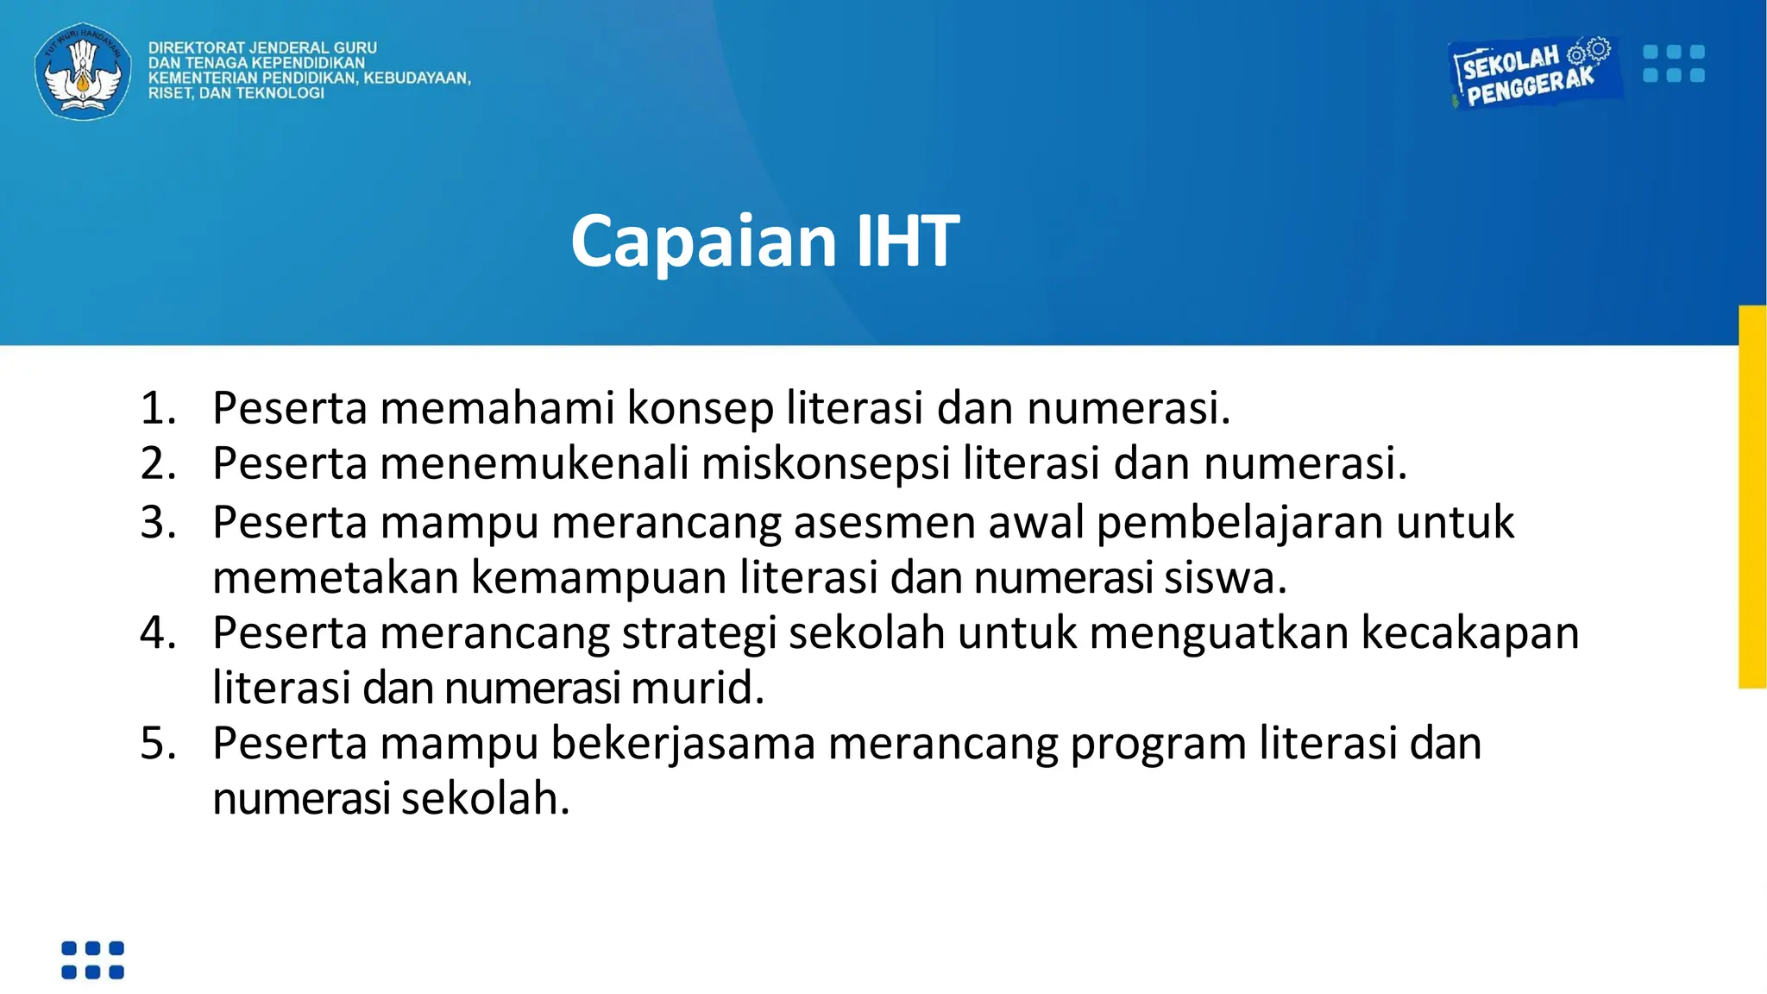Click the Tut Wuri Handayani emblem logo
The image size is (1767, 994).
point(83,71)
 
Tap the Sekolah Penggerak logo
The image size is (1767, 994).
point(1531,73)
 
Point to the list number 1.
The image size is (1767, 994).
point(158,408)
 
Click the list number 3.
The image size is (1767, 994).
point(158,523)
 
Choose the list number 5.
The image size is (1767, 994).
point(158,744)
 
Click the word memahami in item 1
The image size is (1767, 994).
point(497,408)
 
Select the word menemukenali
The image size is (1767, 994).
point(534,463)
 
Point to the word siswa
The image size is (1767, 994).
point(1224,578)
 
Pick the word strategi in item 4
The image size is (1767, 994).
point(699,633)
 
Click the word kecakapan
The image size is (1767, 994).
point(1469,633)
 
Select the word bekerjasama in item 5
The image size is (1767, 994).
point(682,744)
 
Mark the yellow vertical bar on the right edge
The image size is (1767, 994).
point(1752,497)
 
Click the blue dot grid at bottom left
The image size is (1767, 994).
point(93,960)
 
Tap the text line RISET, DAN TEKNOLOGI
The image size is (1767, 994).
point(236,93)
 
